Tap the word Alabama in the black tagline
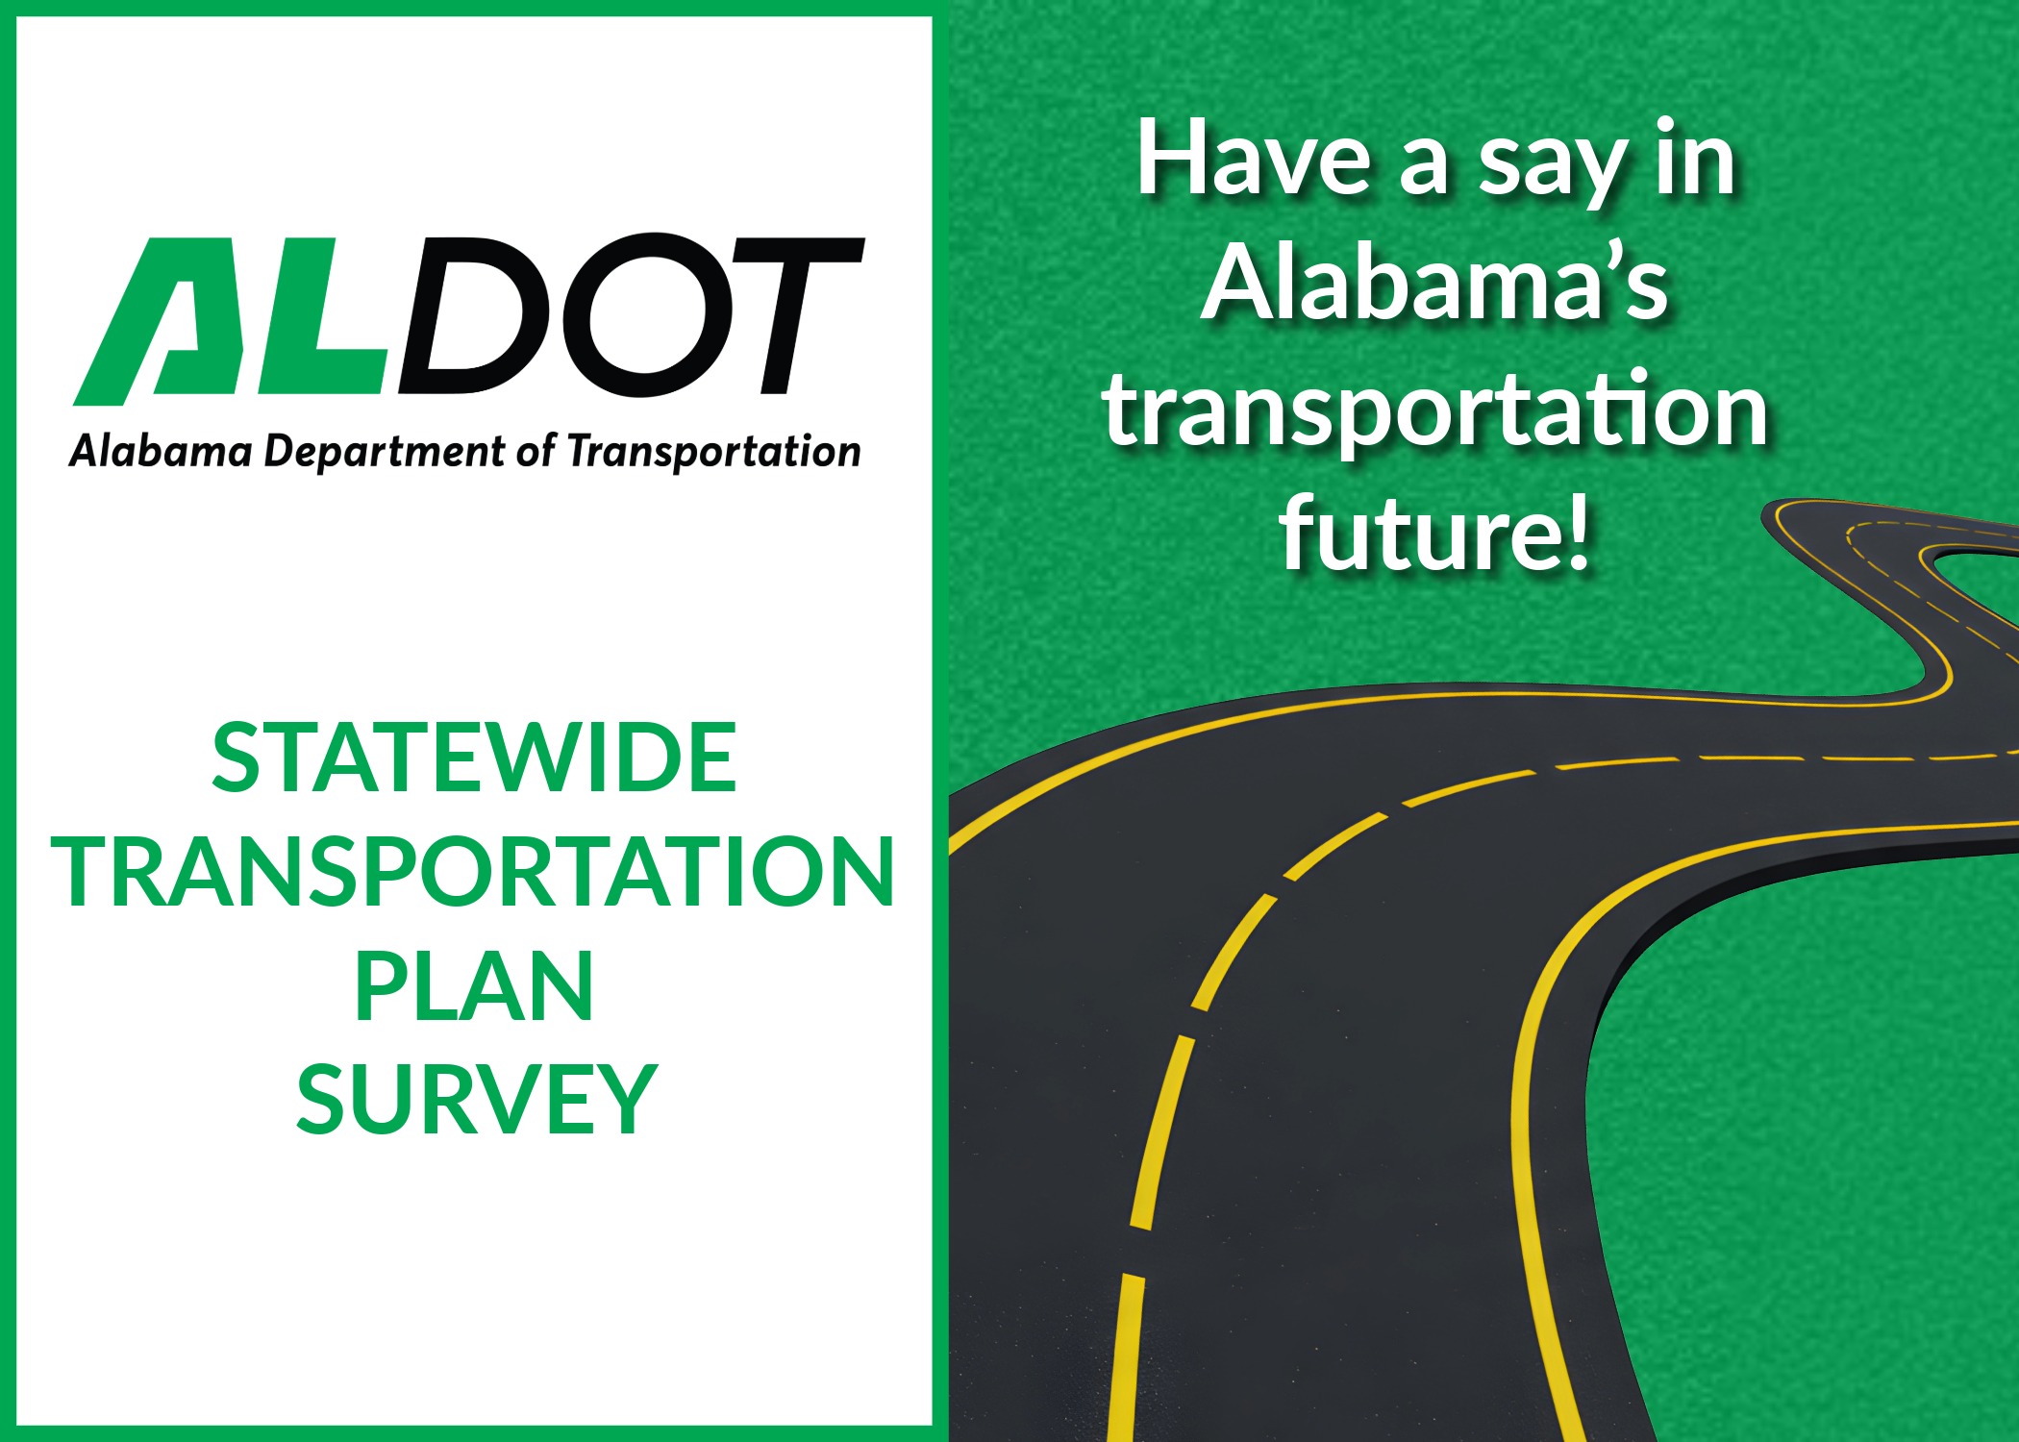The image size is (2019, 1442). [x=161, y=451]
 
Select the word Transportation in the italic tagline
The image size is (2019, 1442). [x=713, y=451]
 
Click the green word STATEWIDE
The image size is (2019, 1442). [x=474, y=758]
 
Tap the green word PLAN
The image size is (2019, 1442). [x=474, y=985]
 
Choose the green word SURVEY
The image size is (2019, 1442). [x=476, y=1099]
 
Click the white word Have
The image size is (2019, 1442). [x=1254, y=158]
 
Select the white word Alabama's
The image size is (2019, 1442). [x=1434, y=282]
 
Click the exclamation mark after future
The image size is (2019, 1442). [x=1577, y=532]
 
